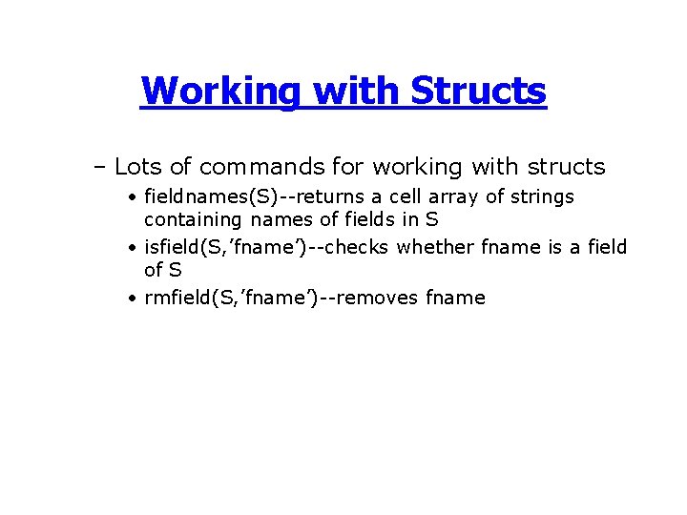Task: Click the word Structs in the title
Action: (x=478, y=92)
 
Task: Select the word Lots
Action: (x=138, y=167)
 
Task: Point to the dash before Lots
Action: (x=99, y=168)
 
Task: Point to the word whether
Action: (x=434, y=248)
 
